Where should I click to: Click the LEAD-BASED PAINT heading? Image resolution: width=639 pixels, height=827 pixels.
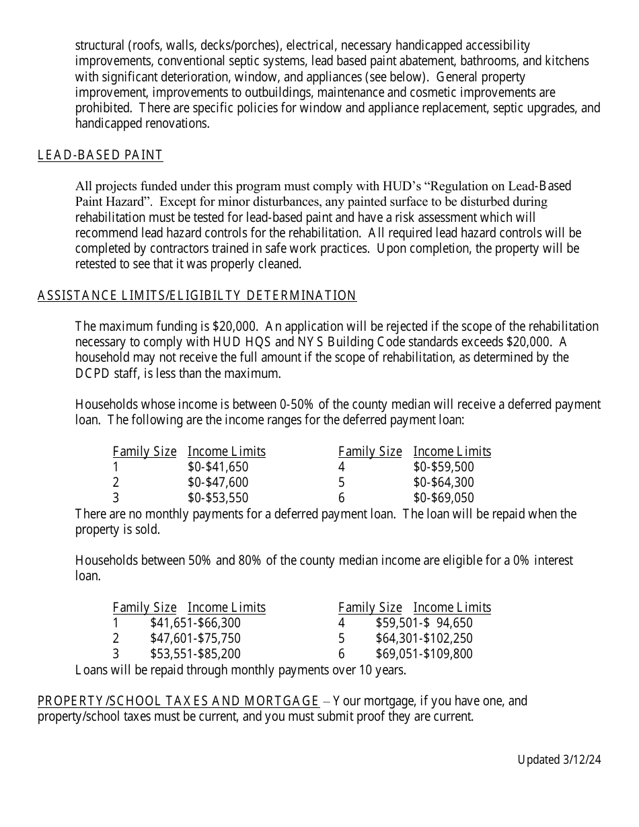point(100,155)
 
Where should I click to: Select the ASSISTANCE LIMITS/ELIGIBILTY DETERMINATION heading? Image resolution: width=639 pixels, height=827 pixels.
point(197,296)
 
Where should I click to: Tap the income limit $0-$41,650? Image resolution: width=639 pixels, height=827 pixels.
point(218,467)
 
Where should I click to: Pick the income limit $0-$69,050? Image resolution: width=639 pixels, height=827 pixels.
point(443,498)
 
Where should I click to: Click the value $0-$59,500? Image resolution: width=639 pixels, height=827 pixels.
point(443,467)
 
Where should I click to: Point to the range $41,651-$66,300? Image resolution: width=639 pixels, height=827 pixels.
point(195,623)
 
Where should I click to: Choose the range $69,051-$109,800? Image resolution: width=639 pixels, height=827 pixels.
point(424,654)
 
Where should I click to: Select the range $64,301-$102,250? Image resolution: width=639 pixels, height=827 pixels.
point(424,639)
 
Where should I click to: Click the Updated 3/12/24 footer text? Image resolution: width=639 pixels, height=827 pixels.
point(559,760)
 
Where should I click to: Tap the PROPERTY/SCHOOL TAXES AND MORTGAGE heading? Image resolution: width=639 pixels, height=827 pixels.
point(178,701)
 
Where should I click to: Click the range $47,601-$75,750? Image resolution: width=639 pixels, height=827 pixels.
point(195,639)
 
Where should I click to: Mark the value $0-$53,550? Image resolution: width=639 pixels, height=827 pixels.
point(218,498)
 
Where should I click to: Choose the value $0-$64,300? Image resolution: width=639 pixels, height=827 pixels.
point(443,483)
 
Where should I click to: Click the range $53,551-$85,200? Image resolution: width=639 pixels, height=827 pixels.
point(195,654)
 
